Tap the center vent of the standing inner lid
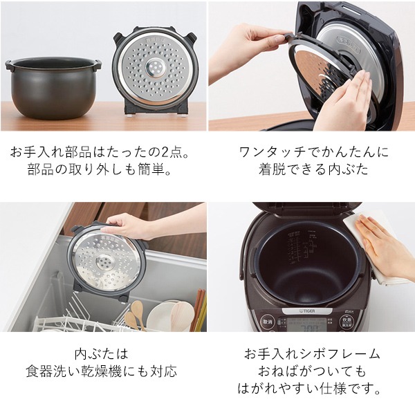click(155, 67)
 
